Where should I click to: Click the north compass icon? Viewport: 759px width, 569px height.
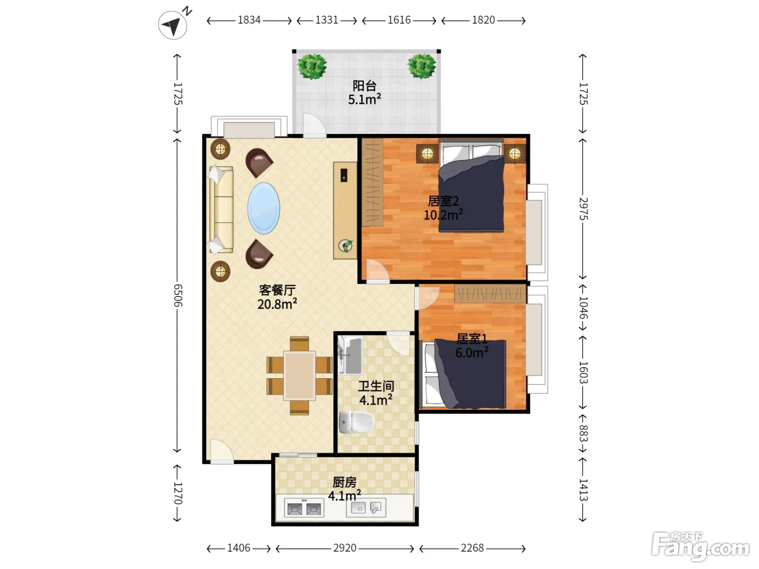click(x=173, y=24)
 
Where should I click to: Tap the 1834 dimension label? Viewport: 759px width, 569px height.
click(x=249, y=20)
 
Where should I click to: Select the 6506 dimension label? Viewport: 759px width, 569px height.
click(x=177, y=295)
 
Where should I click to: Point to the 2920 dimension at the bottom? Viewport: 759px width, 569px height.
click(x=345, y=548)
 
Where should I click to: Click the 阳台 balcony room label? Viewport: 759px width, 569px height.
click(x=364, y=86)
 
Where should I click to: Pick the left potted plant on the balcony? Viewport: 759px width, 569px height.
click(x=312, y=66)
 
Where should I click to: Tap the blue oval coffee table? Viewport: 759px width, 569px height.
click(x=264, y=208)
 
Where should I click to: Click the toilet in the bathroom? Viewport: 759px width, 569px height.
click(x=356, y=422)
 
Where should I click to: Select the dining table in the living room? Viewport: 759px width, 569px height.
click(x=299, y=376)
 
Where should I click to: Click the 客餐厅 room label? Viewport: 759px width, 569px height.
click(x=278, y=290)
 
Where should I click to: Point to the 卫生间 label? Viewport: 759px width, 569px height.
click(x=376, y=386)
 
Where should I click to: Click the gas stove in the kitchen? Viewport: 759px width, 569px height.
click(x=304, y=508)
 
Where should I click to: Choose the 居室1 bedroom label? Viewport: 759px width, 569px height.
click(x=472, y=339)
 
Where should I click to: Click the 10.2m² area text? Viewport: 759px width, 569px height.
click(x=443, y=215)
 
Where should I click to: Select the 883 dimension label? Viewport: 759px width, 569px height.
click(x=583, y=434)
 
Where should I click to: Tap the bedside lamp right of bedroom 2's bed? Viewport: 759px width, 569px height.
click(x=514, y=153)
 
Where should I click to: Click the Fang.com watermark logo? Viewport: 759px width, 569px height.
click(x=700, y=547)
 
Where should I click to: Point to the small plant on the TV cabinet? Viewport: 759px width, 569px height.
click(x=346, y=245)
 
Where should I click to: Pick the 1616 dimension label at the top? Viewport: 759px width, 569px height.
click(x=399, y=20)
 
